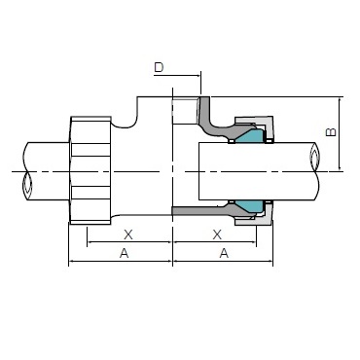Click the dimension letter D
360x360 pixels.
point(159,67)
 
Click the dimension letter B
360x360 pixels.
point(331,131)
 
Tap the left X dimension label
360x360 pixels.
point(128,234)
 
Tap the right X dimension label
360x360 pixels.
point(217,234)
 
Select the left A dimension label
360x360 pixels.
point(125,253)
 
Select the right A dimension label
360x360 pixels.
point(224,253)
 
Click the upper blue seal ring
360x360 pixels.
point(250,136)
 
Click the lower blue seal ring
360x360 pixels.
point(250,206)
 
